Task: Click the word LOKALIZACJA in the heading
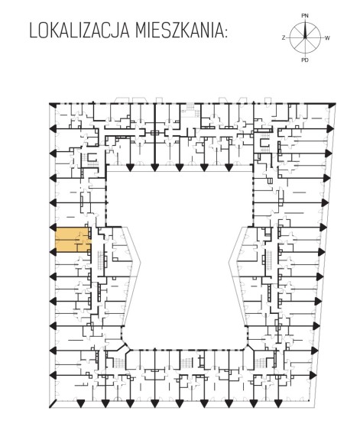79,31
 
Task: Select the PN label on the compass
305,16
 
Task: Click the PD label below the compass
305,60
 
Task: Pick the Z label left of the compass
284,37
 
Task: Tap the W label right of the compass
327,38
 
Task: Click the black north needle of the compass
305,29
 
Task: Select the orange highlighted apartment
73,240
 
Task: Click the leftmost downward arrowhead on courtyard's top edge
130,168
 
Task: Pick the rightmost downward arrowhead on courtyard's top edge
229,168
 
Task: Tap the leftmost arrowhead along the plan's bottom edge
81,403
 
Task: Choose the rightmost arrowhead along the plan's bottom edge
278,403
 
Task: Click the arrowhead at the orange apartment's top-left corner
53,227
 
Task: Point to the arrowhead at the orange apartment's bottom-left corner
53,252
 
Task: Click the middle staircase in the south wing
186,362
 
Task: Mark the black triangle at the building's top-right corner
332,105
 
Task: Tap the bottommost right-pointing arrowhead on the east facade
313,374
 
